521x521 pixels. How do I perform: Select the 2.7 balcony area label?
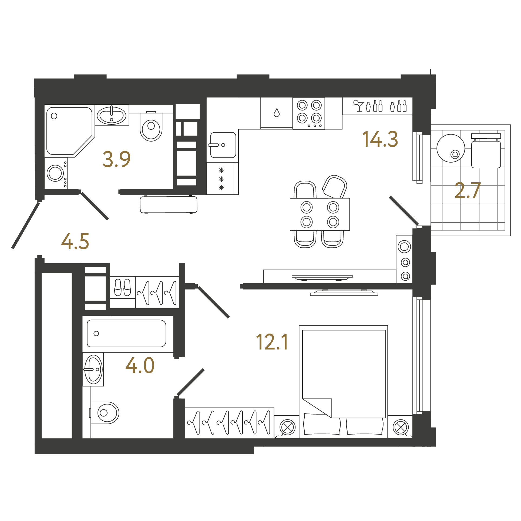pos(468,190)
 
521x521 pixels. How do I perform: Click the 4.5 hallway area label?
pos(75,241)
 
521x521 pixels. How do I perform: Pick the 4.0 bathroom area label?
pos(140,365)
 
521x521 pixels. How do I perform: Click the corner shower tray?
pos(69,131)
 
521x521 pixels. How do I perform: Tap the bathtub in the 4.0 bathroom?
pos(126,333)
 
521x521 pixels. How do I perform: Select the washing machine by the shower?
pos(56,173)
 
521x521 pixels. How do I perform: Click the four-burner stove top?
pos(309,113)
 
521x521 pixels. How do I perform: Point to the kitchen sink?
pos(223,145)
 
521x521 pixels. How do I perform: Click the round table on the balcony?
pos(451,148)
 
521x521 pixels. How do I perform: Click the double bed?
pos(343,382)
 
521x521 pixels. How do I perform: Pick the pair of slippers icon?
pos(122,287)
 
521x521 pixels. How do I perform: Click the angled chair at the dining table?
pos(335,187)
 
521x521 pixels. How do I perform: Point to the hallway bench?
pos(169,205)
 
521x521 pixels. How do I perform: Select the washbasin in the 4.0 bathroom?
pos(93,369)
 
